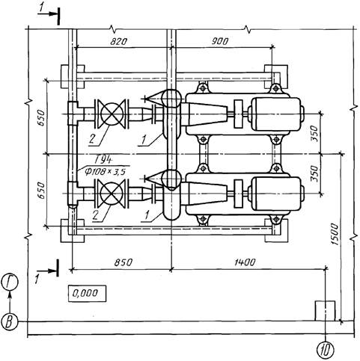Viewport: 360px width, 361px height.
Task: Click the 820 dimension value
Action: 118,41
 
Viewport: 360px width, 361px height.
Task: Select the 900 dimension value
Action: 220,41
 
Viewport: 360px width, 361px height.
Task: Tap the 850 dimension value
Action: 123,262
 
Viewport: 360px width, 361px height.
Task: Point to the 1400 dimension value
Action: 245,262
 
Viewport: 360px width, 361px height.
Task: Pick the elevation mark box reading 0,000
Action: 87,294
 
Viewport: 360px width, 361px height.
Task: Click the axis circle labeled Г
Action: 10,283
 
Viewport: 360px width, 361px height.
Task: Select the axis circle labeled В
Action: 10,321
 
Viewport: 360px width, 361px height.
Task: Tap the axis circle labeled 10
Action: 326,350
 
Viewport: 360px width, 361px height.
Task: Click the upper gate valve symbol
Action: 112,114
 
